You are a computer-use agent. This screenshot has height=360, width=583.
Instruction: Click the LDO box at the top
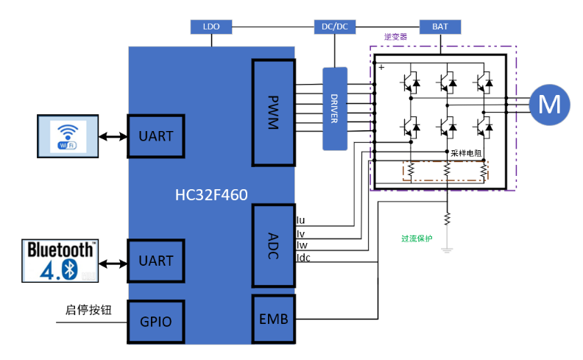[x=211, y=27]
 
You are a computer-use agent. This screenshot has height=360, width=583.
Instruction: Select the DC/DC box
[x=335, y=27]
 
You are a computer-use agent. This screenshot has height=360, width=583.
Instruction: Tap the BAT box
[x=440, y=27]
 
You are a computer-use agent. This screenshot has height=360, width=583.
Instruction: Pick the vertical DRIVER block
[x=334, y=108]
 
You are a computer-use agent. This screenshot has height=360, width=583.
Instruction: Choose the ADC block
[x=273, y=246]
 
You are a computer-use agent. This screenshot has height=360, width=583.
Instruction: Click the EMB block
[x=273, y=320]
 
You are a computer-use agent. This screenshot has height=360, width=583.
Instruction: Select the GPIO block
[x=155, y=322]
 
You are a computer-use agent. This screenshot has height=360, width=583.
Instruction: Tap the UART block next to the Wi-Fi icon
[x=155, y=136]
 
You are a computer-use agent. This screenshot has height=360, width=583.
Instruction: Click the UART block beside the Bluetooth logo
[x=155, y=261]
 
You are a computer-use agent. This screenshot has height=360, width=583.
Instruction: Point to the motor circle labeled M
[x=548, y=104]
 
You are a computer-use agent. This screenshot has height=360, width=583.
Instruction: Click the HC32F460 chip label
[x=211, y=195]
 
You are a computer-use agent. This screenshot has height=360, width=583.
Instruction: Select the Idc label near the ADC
[x=303, y=257]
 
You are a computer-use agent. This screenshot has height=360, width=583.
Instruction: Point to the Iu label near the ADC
[x=300, y=220]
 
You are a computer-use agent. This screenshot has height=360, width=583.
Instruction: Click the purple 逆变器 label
[x=396, y=36]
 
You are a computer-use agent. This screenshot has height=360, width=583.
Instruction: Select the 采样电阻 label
[x=466, y=153]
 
